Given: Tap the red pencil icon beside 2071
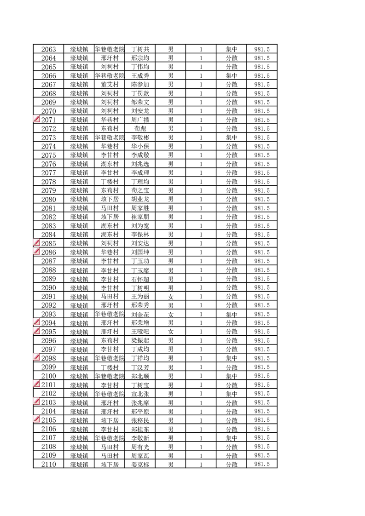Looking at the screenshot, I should click(x=37, y=119).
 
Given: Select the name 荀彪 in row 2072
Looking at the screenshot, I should click(x=140, y=129).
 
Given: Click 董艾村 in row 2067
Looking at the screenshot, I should click(x=110, y=85).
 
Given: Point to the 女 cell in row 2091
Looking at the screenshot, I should click(x=170, y=297).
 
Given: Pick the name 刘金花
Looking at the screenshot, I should click(x=140, y=315).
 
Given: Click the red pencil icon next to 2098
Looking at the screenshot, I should click(x=37, y=357).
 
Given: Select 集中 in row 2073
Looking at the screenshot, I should click(x=232, y=138).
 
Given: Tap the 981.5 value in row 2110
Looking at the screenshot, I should click(x=262, y=464).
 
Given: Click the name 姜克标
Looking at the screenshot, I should click(x=140, y=465).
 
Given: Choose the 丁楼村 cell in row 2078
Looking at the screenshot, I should click(x=110, y=182).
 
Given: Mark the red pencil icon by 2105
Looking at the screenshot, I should click(x=37, y=419).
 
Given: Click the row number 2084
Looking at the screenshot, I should click(x=48, y=235).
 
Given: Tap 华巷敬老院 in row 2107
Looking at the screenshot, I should click(x=110, y=438).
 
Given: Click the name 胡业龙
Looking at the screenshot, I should click(x=140, y=200).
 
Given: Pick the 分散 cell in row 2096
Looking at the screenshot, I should click(x=232, y=341).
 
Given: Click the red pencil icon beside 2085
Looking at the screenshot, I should click(x=37, y=242).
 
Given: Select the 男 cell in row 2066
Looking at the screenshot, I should click(x=170, y=76).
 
